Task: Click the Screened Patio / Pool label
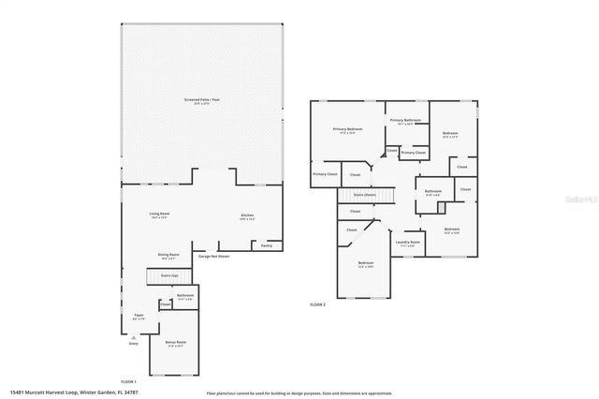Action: pos(202,99)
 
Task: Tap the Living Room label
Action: pos(160,215)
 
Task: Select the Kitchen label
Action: pos(247,216)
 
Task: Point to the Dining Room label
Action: pos(168,256)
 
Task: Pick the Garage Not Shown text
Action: pos(213,256)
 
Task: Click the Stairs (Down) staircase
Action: pos(365,195)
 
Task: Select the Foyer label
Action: pos(139,316)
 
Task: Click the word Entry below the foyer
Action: pos(133,344)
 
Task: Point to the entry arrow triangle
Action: pos(133,335)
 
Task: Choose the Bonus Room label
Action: pos(175,342)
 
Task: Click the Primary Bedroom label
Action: pos(347,129)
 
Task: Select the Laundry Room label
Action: pos(408,242)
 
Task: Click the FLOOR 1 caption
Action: pos(128,382)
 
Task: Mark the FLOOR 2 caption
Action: pos(318,305)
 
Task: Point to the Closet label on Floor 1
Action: pos(166,304)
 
